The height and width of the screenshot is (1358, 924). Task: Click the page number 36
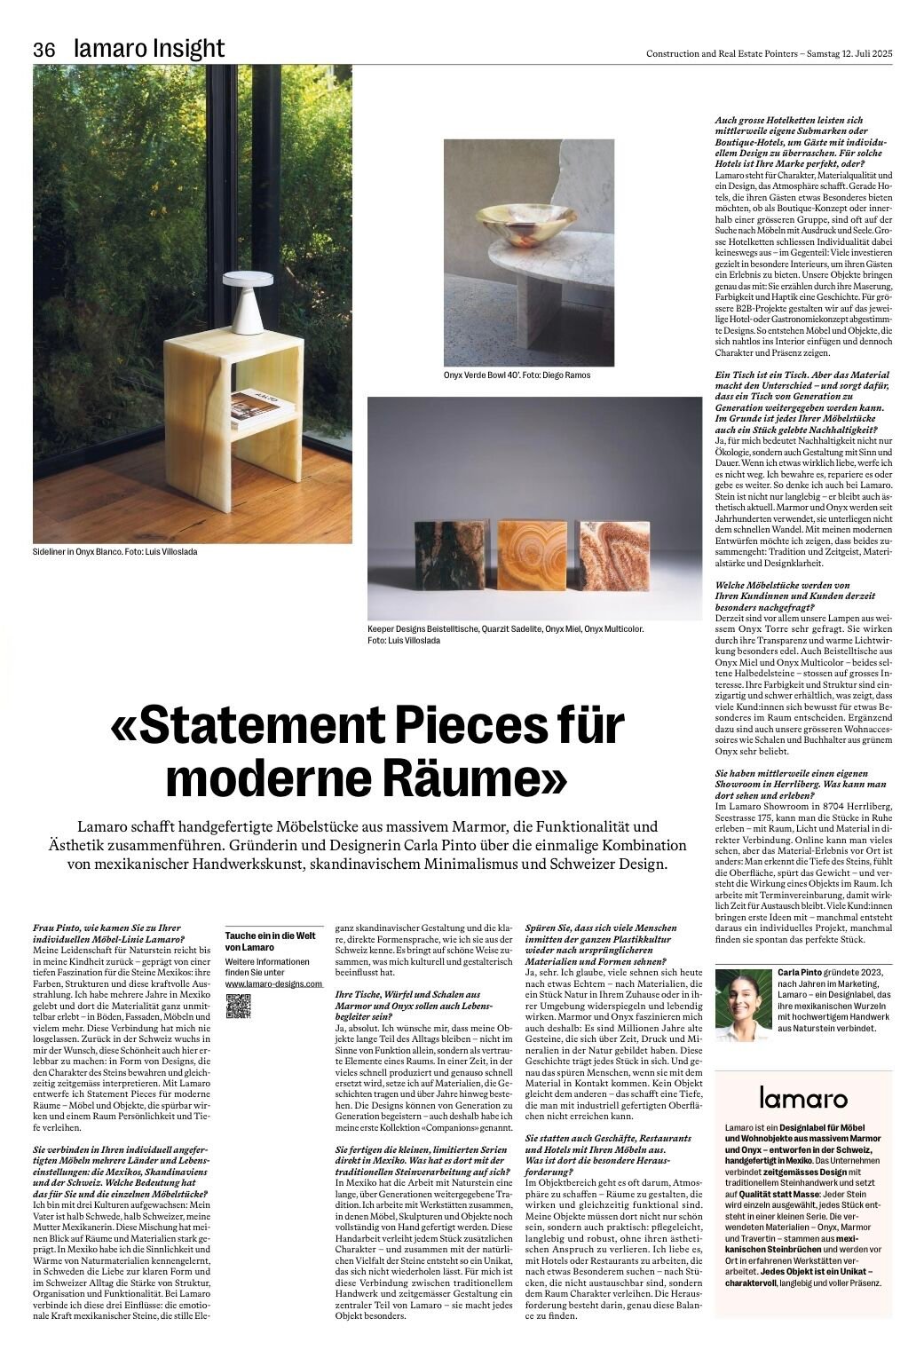(x=44, y=50)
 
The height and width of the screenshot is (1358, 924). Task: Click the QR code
(x=239, y=1006)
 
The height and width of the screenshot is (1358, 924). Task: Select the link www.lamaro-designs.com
(x=272, y=983)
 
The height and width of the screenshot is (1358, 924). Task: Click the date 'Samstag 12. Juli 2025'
(x=849, y=53)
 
